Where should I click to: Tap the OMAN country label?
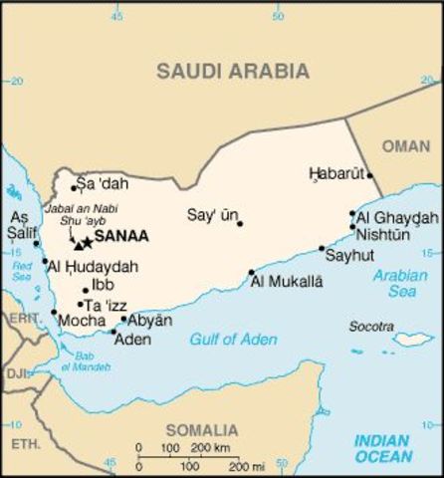pyautogui.click(x=407, y=146)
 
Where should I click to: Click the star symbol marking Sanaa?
pyautogui.click(x=88, y=242)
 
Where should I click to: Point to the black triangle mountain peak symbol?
pyautogui.click(x=77, y=244)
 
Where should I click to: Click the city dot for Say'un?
pyautogui.click(x=240, y=223)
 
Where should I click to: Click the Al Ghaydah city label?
pyautogui.click(x=397, y=218)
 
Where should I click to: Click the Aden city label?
pyautogui.click(x=133, y=340)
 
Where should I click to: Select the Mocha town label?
pyautogui.click(x=81, y=322)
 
